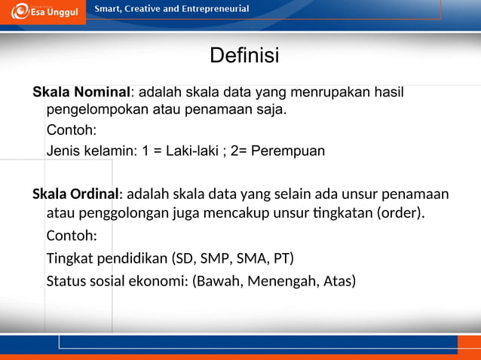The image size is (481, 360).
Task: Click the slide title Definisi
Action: click(244, 56)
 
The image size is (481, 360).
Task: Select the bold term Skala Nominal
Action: click(81, 93)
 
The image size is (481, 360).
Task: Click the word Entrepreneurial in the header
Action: click(214, 9)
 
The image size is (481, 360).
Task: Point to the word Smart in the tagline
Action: click(109, 9)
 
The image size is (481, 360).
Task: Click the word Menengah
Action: click(280, 282)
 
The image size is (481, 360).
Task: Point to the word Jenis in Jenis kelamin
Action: click(63, 151)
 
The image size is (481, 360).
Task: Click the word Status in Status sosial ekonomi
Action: click(66, 282)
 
